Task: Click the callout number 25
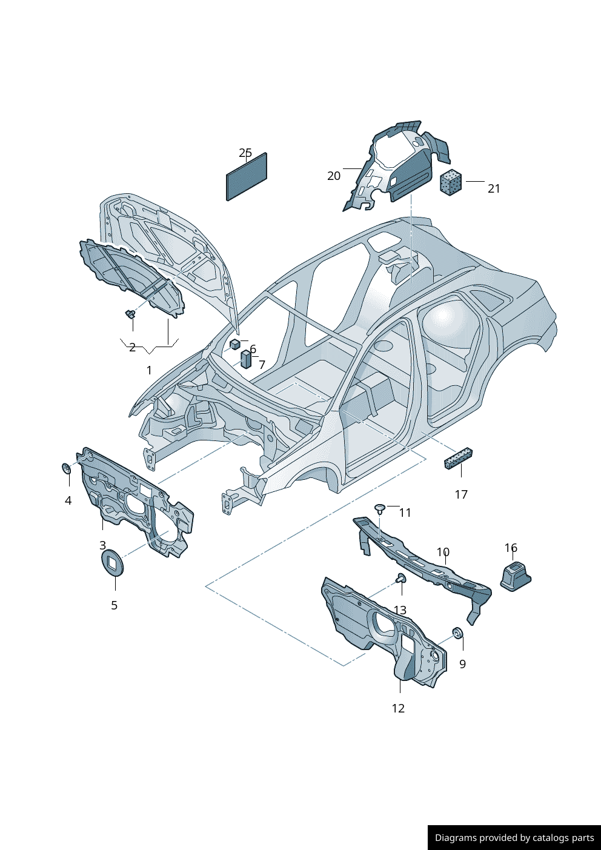(x=245, y=153)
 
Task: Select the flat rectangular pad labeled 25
(x=247, y=176)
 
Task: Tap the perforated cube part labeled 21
(x=450, y=182)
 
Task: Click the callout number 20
(x=334, y=176)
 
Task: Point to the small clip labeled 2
(x=130, y=313)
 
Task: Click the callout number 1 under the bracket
(x=149, y=370)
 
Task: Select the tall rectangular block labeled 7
(x=246, y=359)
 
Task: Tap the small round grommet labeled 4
(x=67, y=468)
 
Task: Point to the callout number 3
(x=103, y=545)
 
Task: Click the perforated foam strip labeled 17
(x=458, y=458)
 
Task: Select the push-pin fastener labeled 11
(x=380, y=508)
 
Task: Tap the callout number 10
(x=443, y=552)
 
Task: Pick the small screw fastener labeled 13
(x=400, y=579)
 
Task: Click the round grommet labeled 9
(x=458, y=633)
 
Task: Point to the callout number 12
(x=398, y=708)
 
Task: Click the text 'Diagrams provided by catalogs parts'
(x=514, y=838)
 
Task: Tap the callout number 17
(x=461, y=494)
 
